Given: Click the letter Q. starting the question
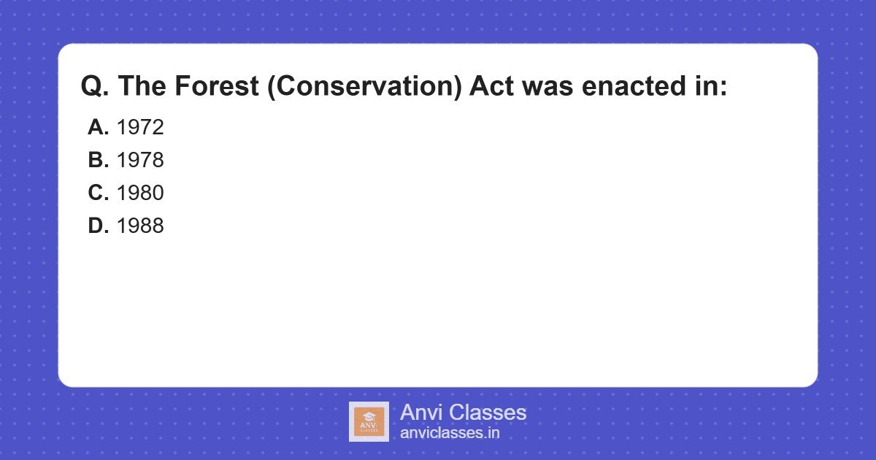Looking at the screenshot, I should tap(95, 87).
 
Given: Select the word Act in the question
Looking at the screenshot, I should tap(492, 87).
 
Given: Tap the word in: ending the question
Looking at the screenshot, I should tap(711, 87).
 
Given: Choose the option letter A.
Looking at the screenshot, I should tap(98, 127).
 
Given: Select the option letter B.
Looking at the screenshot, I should tap(98, 160).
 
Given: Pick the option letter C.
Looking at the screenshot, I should tap(98, 193).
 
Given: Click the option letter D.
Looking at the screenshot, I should tap(98, 226).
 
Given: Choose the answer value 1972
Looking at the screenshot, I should tap(140, 127).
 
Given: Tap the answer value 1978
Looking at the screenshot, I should tap(140, 160).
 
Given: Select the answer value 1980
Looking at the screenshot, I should tap(140, 193).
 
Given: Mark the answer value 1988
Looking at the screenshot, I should tap(140, 226).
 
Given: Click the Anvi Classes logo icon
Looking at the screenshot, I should tap(369, 421).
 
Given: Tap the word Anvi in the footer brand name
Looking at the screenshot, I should tap(421, 413).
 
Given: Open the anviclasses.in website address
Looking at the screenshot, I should tap(450, 433).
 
